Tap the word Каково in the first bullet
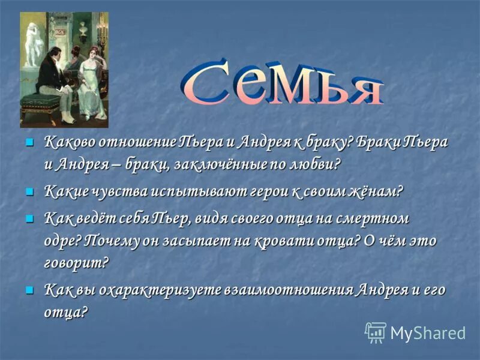[67, 143]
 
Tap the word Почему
[112, 240]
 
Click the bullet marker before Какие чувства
[28, 191]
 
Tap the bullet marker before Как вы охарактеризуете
[28, 289]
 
